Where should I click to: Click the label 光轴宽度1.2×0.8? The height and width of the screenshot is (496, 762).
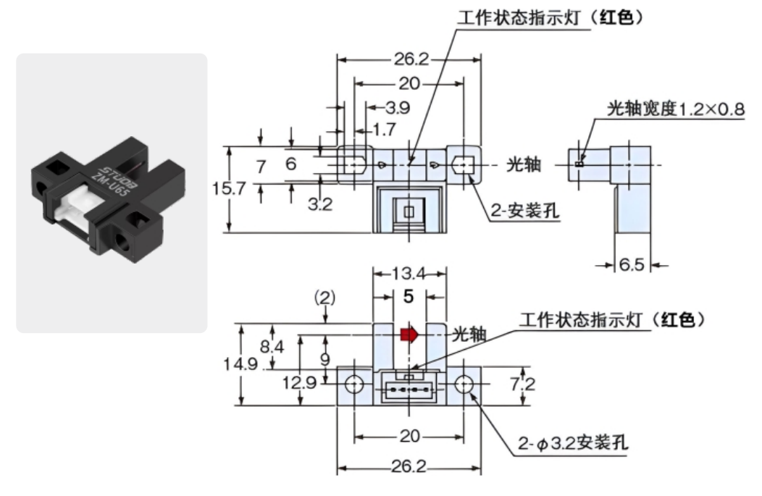click(675, 109)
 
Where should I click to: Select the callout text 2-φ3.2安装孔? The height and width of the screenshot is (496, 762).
click(574, 442)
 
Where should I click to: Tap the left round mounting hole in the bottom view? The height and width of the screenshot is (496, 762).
click(353, 384)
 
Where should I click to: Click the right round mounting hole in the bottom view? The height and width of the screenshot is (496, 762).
click(463, 384)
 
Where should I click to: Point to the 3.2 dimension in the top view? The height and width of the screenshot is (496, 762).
click(319, 205)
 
